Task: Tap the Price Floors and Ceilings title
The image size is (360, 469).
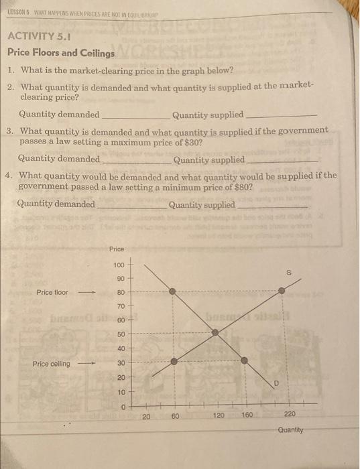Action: [x=61, y=52]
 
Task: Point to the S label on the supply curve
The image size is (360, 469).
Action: [x=289, y=273]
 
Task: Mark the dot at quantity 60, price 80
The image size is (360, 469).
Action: [x=173, y=291]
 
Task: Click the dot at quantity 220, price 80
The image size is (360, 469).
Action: [x=282, y=291]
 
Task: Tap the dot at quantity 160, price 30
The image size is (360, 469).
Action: [x=244, y=360]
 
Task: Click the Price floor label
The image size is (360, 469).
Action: [x=53, y=292]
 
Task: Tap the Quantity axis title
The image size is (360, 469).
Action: [x=290, y=430]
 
